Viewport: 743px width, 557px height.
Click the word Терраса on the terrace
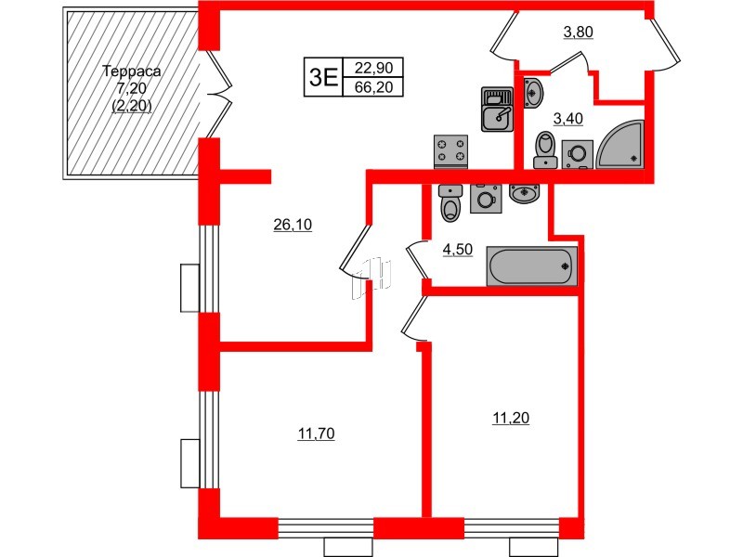pos(130,71)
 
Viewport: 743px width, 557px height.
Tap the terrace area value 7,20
pos(130,89)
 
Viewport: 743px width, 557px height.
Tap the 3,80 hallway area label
pos(578,33)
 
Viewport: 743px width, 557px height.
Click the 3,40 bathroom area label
pos(568,118)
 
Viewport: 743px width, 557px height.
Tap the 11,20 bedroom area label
pos(510,419)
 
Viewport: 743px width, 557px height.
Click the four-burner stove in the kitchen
pos(451,151)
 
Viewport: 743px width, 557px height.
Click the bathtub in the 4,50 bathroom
pos(533,267)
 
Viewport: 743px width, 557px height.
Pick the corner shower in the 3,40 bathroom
pos(621,145)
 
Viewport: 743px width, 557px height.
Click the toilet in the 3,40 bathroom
pos(546,149)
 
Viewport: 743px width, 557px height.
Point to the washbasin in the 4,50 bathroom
pos(525,194)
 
